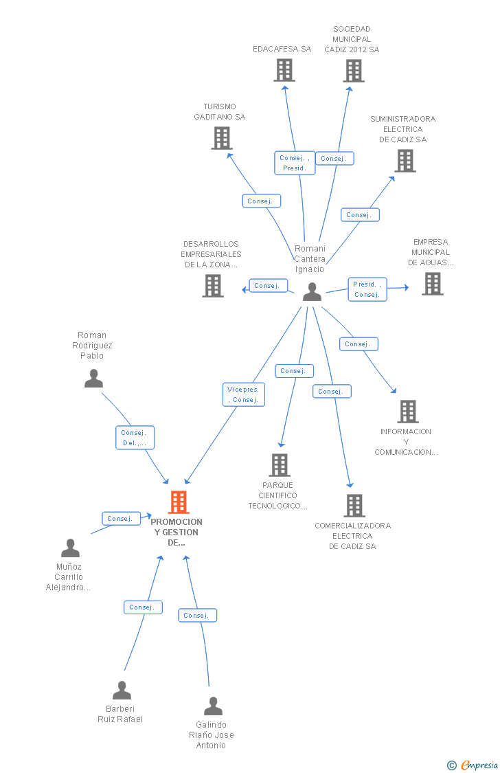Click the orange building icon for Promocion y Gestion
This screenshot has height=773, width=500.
click(179, 502)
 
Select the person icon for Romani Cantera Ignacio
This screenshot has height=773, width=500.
click(312, 291)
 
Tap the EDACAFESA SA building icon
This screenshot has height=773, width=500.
click(284, 70)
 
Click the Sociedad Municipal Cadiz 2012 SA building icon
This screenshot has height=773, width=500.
click(354, 71)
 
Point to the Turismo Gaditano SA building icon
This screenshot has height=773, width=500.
click(222, 138)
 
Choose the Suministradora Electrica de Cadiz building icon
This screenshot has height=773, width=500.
click(405, 161)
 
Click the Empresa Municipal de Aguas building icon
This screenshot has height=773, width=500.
click(433, 284)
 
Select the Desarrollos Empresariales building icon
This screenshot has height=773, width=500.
click(213, 285)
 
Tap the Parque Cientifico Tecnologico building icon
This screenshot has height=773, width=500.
click(280, 465)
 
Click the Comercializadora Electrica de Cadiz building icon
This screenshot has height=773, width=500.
click(354, 505)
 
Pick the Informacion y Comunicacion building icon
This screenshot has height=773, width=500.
click(408, 411)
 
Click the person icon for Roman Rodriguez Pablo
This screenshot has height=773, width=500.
click(93, 378)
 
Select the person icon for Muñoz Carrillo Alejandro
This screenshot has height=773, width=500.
click(71, 548)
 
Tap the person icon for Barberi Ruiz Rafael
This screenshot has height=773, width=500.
click(122, 690)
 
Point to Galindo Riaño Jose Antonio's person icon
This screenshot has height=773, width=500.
click(214, 706)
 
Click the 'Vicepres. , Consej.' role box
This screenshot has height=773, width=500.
click(244, 394)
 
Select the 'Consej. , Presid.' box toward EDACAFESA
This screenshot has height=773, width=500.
click(295, 163)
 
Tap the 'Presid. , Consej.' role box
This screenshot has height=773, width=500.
click(367, 289)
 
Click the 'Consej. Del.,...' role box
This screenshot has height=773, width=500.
click(135, 438)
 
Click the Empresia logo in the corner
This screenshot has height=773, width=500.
click(473, 765)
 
